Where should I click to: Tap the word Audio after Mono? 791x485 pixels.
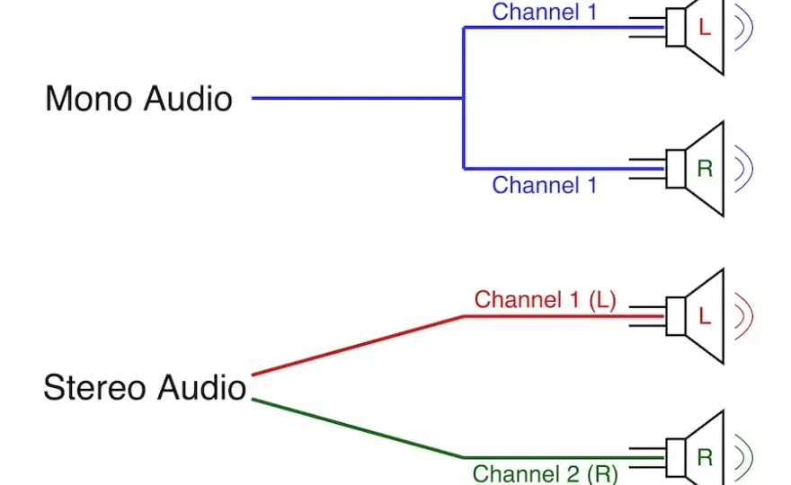pos(188,98)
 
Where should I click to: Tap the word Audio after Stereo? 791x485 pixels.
pos(201,387)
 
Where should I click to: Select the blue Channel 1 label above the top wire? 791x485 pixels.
pos(545,12)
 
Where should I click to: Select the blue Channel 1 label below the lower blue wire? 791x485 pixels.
pos(545,185)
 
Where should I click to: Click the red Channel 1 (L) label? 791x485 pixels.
pos(545,300)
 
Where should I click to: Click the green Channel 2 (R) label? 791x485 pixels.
pos(545,474)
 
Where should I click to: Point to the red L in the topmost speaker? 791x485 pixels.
pos(705,27)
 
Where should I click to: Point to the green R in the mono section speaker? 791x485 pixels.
pos(705,168)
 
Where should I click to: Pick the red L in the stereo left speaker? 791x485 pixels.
pos(705,316)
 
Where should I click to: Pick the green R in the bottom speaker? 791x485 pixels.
pos(705,458)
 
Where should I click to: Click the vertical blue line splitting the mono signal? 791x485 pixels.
pos(464,98)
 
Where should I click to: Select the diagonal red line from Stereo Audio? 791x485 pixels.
pos(357,346)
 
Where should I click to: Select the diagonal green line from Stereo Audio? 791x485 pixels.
pos(357,428)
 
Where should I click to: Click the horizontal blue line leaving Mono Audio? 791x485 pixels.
pos(357,98)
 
